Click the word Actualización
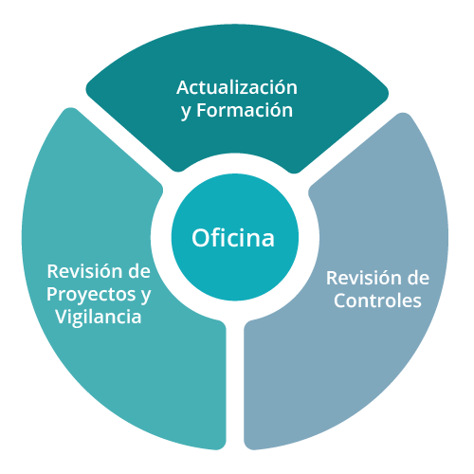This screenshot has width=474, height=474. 237,87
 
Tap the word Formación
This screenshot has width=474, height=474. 245,110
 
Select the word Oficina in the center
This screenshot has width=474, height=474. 233,238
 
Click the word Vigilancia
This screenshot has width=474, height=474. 99,317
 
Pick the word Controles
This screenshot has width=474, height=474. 377,301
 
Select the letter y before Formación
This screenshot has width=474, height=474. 187,112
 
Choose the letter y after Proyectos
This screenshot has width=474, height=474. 146,297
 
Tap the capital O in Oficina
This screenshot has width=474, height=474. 200,238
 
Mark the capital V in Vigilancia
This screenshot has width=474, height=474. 63,317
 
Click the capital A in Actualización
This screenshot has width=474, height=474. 184,88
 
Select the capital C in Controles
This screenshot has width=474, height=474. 340,301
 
